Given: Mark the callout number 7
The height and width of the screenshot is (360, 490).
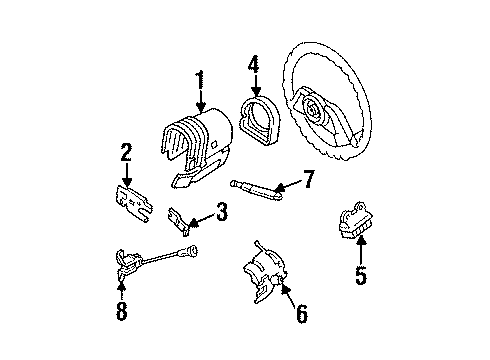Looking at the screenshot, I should [309, 180].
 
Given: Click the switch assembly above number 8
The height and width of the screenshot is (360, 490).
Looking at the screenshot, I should [125, 262].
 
